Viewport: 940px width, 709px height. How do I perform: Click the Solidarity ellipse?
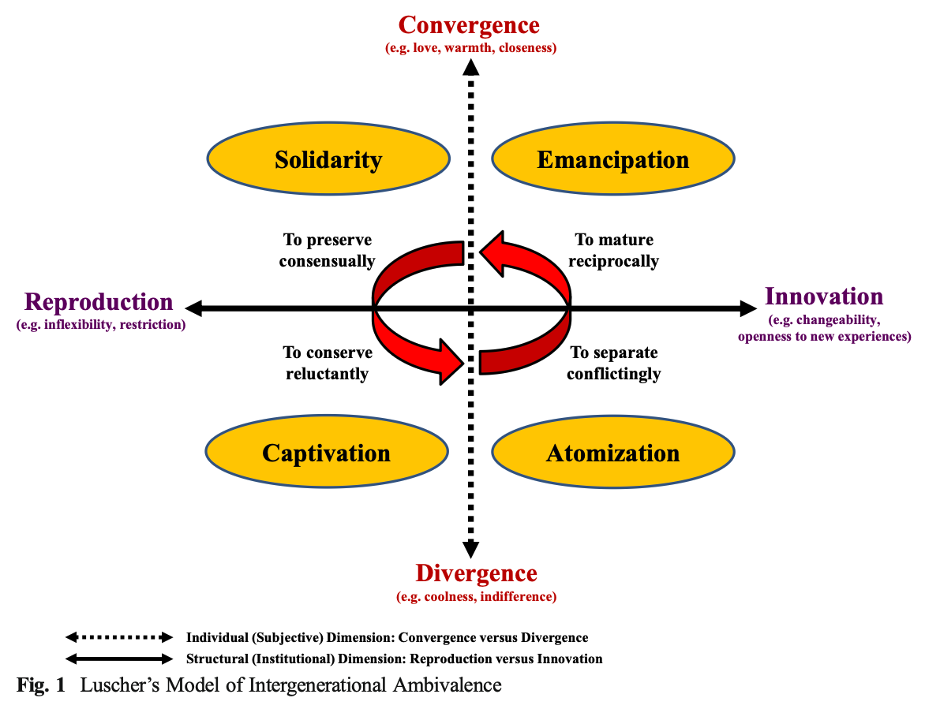point(328,160)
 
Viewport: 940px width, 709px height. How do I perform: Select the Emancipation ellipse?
point(613,160)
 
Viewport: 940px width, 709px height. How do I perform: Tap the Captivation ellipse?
point(326,453)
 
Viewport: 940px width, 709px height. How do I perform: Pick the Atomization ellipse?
point(613,453)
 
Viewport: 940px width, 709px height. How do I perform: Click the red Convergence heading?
point(470,24)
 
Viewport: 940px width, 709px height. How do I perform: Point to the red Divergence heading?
point(476,573)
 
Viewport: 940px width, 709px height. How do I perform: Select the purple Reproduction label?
point(99,302)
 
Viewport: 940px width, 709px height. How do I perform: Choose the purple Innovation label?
point(824,297)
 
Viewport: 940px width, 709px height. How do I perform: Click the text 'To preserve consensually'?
point(327,250)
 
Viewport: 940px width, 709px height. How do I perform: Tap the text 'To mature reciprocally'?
point(613,250)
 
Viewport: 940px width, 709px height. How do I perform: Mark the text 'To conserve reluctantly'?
point(326,363)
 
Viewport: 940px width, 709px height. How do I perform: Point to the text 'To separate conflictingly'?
point(613,363)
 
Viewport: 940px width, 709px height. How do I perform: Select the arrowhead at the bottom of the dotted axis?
point(471,549)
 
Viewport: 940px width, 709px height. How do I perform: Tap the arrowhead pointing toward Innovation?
point(746,308)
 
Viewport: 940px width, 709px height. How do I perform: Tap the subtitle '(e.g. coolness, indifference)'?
point(476,596)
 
